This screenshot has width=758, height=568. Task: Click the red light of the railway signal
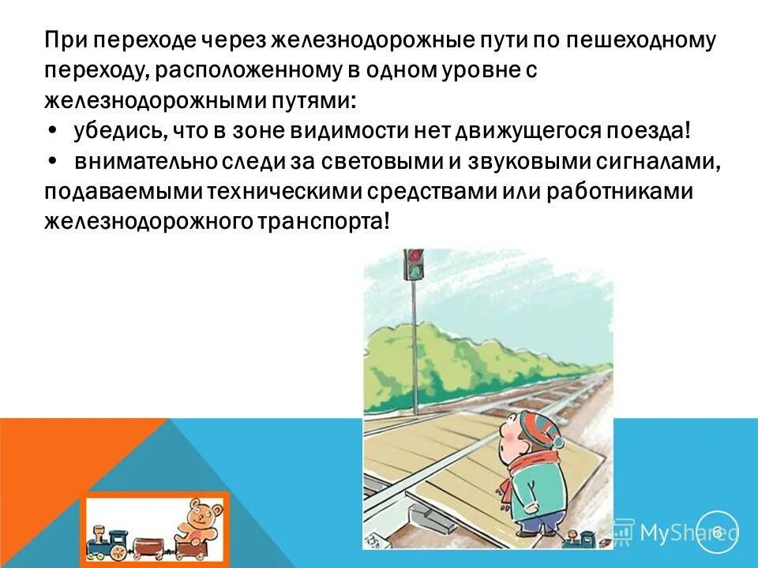point(413,257)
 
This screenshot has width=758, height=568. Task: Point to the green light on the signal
point(413,272)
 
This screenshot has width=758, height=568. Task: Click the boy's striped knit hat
point(542,431)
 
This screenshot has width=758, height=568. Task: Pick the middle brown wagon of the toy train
point(148,544)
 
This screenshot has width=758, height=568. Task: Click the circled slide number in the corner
point(717,532)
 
